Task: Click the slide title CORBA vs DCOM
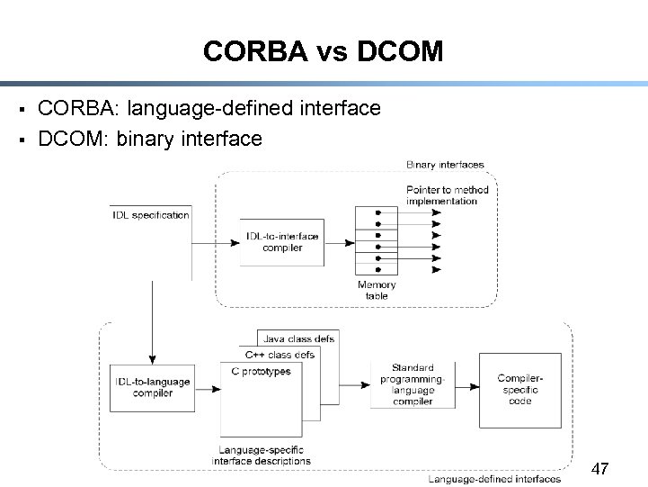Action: pyautogui.click(x=323, y=51)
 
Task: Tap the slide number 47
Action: pyautogui.click(x=600, y=469)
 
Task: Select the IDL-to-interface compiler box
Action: pyautogui.click(x=282, y=242)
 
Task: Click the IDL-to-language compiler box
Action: pyautogui.click(x=152, y=388)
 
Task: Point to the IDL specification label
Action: pyautogui.click(x=151, y=215)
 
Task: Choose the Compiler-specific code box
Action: pyautogui.click(x=519, y=390)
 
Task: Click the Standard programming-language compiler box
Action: pyautogui.click(x=413, y=384)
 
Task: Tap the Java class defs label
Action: pyautogui.click(x=298, y=338)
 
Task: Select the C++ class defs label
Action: pyautogui.click(x=280, y=355)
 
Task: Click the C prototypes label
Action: pyautogui.click(x=261, y=371)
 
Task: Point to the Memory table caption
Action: pyautogui.click(x=376, y=290)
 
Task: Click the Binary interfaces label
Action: pyautogui.click(x=445, y=165)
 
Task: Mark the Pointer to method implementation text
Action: pyautogui.click(x=447, y=195)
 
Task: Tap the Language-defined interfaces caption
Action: pyautogui.click(x=494, y=479)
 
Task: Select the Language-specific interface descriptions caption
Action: pyautogui.click(x=261, y=455)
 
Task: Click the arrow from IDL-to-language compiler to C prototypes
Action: pyautogui.click(x=208, y=389)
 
